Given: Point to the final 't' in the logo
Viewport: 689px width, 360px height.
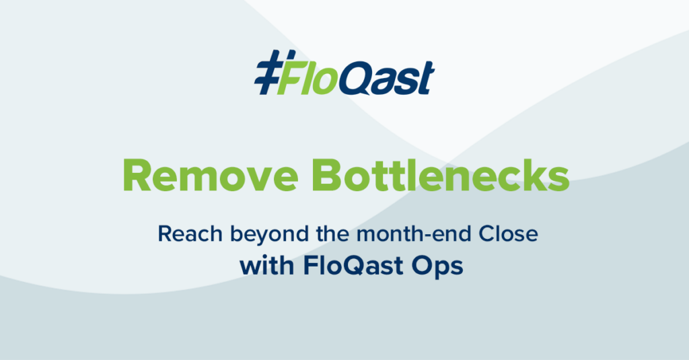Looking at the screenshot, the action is [x=426, y=77].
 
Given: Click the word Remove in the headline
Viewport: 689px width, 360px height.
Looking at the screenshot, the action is [x=211, y=176].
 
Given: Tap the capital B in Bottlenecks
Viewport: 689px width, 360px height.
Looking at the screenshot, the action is [x=327, y=176].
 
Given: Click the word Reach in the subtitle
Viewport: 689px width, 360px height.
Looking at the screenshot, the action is [x=190, y=234].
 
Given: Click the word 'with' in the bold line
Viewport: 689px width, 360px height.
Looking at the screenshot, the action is [x=266, y=266].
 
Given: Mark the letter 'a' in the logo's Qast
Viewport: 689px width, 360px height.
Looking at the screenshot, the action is [x=387, y=82].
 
